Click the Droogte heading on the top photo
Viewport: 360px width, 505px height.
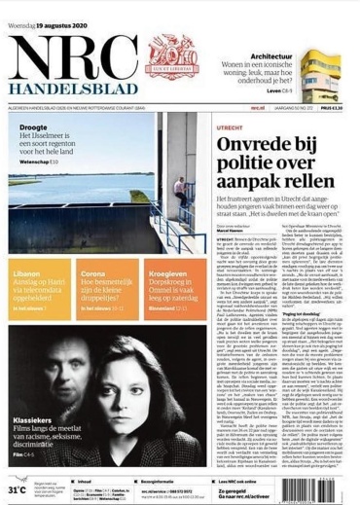click(x=32, y=153)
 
